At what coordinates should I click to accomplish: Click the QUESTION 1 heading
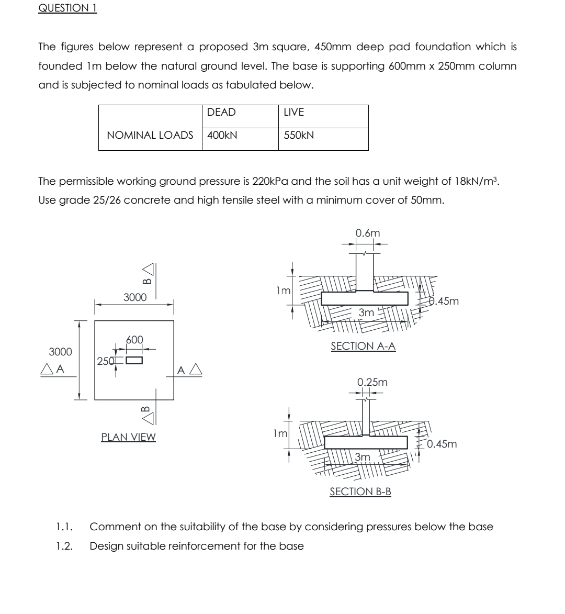coord(67,8)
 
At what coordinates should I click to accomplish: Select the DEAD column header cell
coord(221,113)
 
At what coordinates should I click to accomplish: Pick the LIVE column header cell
coord(293,113)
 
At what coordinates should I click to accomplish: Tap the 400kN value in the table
coord(222,135)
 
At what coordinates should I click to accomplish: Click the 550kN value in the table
coord(299,135)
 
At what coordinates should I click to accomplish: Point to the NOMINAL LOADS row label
coord(150,135)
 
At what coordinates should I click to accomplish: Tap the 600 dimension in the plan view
coord(134,340)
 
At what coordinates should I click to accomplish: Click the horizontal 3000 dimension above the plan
coord(134,297)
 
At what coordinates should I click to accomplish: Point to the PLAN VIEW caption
coord(128,437)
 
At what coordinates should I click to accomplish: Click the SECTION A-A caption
coord(363,346)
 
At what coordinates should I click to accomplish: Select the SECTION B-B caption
coord(360,492)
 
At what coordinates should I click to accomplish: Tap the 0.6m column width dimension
coord(368,233)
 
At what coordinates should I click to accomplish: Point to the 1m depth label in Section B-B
coord(280,433)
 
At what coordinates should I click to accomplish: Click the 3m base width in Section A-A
coord(367,312)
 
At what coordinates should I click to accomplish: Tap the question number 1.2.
coord(64,546)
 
